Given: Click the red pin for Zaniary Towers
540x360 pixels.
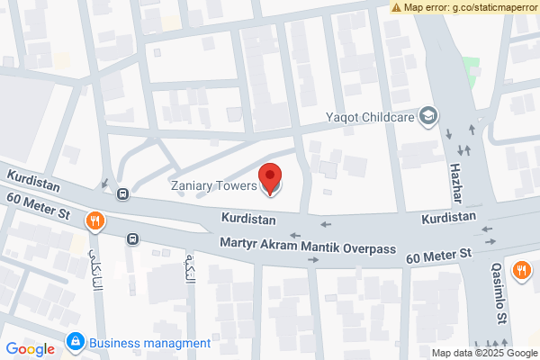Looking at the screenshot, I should point(270,178).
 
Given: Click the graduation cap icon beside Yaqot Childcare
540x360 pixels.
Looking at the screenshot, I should point(429,115).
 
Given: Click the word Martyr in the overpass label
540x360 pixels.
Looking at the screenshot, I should point(239,244).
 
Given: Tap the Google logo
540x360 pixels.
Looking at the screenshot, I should point(30,349).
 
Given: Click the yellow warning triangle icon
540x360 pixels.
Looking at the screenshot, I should point(396,7).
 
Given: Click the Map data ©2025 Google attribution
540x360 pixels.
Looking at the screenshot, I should point(483,353).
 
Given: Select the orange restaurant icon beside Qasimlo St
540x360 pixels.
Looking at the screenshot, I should point(521,269).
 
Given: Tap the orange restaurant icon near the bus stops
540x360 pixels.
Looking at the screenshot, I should point(94,220).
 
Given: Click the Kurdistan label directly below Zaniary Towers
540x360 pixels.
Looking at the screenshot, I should point(247,219).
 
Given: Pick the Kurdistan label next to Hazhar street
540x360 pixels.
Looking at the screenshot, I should point(448,218).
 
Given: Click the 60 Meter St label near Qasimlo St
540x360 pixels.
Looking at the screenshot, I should point(439,257).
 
